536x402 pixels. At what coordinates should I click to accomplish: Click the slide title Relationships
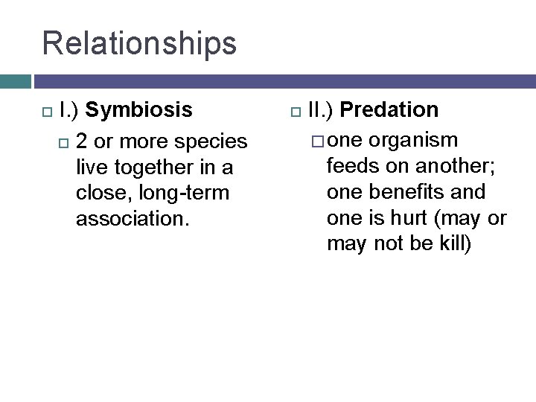139,43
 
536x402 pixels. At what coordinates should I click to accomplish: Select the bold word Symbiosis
138,110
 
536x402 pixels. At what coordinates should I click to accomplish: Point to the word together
156,167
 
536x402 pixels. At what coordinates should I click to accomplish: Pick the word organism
414,141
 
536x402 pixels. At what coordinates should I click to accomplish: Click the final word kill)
451,244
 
